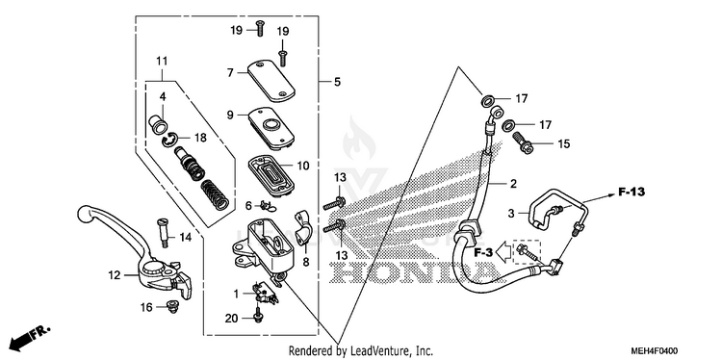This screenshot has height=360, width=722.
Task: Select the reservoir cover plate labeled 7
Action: [x=271, y=80]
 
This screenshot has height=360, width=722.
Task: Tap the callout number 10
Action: [x=302, y=166]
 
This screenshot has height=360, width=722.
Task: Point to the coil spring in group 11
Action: [x=215, y=194]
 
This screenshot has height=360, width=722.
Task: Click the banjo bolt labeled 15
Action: [x=522, y=141]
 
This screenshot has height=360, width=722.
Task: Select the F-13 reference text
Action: [x=631, y=192]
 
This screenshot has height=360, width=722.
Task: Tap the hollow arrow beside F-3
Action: [x=504, y=253]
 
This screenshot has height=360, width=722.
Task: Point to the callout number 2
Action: [x=513, y=184]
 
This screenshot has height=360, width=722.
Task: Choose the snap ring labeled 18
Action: [x=170, y=139]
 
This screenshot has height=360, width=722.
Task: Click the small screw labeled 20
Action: [x=257, y=316]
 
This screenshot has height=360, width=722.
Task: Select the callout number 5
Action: [x=337, y=82]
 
